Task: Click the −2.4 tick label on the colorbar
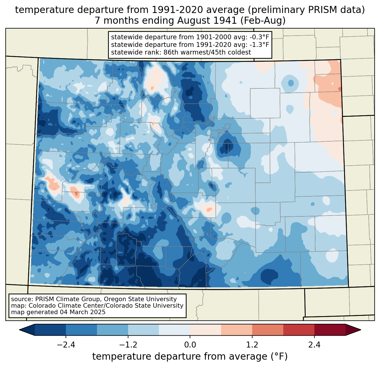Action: click(x=66, y=345)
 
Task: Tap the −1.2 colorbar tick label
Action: click(x=128, y=345)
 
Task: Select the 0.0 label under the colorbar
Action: click(x=190, y=345)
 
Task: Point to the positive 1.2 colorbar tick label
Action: click(x=252, y=345)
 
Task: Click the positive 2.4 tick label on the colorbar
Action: click(x=314, y=345)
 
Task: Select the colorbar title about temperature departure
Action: click(x=190, y=357)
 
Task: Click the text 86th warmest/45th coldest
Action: click(x=207, y=52)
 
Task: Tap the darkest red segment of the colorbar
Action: click(x=330, y=330)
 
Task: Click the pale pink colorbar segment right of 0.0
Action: click(x=206, y=330)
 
